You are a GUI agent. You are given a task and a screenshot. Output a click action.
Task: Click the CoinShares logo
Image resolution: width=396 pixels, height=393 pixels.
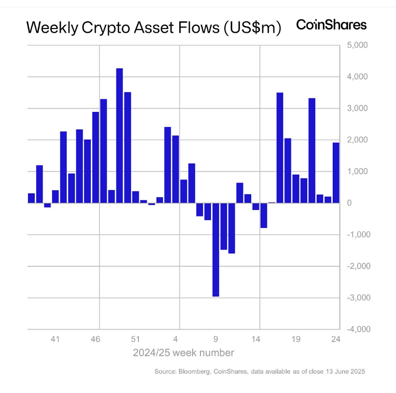[331, 25]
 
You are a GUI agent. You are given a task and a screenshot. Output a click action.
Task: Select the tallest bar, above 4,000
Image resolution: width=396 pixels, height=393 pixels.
[120, 135]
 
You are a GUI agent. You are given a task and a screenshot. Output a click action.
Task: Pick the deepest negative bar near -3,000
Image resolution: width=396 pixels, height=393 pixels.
[215, 249]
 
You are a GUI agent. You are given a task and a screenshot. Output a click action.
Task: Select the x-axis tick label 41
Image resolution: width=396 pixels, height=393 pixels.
[55, 339]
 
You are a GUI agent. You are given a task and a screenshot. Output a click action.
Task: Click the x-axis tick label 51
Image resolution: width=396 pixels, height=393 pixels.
[136, 339]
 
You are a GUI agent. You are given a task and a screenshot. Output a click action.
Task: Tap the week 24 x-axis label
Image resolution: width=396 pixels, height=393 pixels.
[336, 339]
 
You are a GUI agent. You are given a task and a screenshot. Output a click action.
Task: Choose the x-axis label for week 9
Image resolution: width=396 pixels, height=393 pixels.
[216, 339]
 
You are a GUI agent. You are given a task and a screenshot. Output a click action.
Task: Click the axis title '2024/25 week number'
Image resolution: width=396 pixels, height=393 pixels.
[184, 353]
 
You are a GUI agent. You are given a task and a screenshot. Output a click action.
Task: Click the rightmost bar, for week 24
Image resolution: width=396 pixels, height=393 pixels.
[336, 173]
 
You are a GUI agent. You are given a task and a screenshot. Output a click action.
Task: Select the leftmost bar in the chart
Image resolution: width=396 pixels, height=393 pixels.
[31, 198]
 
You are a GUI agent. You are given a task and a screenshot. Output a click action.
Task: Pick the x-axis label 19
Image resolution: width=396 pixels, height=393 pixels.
[296, 339]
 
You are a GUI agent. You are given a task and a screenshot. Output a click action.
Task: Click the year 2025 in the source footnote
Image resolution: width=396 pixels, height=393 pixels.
[357, 372]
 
